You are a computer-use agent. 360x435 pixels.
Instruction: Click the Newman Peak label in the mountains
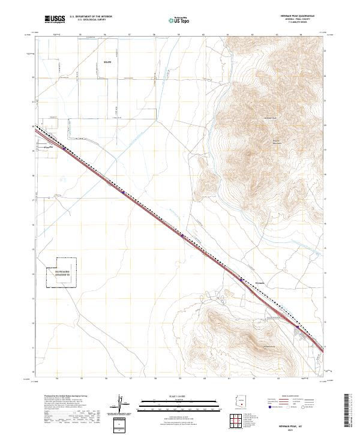(270, 118)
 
